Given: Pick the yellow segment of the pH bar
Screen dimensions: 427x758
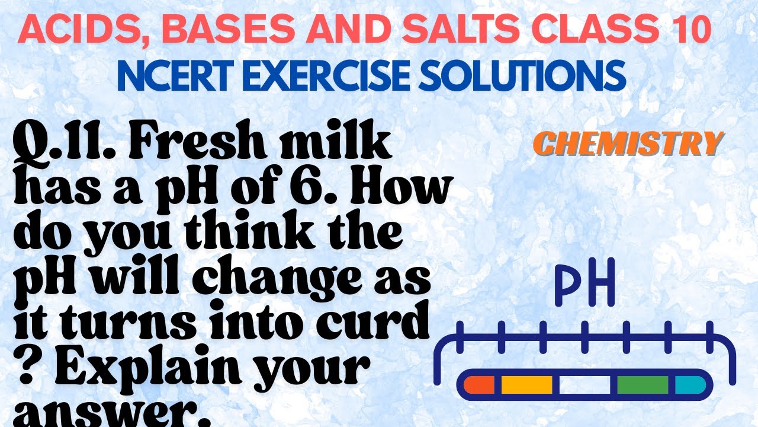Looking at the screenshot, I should [x=526, y=384].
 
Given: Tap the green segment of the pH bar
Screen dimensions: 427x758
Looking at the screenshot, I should [x=642, y=384].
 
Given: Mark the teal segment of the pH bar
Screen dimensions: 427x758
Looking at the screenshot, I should [x=689, y=384].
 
